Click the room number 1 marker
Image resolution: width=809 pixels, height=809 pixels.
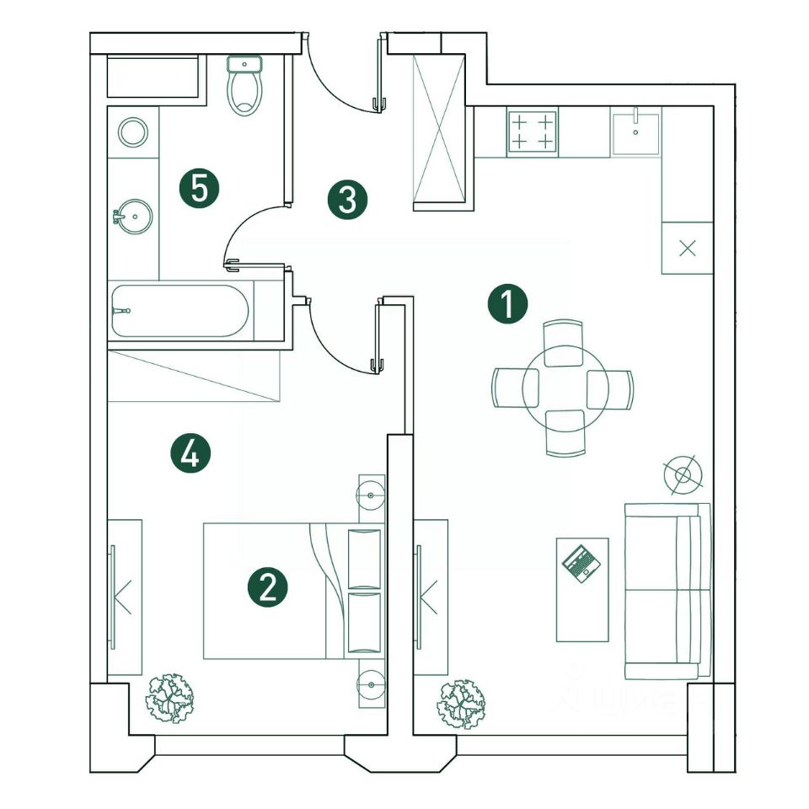(x=508, y=303)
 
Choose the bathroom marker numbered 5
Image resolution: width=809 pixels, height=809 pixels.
(x=200, y=187)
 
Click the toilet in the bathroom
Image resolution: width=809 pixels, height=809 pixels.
(x=245, y=88)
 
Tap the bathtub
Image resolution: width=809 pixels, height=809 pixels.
(x=180, y=311)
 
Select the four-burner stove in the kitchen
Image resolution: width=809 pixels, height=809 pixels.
(x=533, y=131)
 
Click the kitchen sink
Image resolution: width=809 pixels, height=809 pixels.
(x=636, y=131)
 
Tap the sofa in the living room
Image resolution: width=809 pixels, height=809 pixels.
(x=667, y=591)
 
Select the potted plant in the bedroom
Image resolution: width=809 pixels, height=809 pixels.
(x=170, y=698)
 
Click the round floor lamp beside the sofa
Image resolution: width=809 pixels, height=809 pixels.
(x=683, y=475)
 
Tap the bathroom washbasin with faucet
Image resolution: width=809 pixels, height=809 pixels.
(x=133, y=217)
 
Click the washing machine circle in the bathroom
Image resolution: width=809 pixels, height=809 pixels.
(x=133, y=131)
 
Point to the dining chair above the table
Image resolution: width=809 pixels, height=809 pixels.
(x=564, y=343)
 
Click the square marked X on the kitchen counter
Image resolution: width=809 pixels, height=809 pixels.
(x=688, y=248)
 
